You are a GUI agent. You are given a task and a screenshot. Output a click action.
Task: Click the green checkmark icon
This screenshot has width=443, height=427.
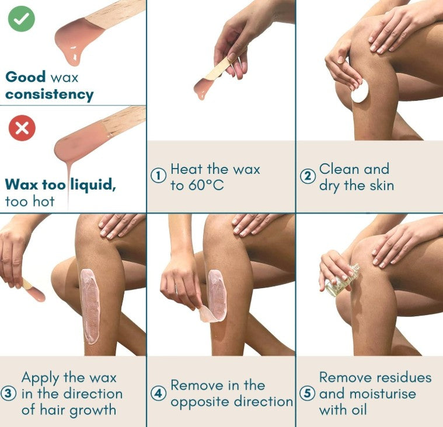tap(22, 19)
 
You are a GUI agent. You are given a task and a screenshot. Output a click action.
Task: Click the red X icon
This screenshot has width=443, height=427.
tap(22, 128)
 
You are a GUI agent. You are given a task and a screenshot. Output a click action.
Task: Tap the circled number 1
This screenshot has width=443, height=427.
tap(158, 176)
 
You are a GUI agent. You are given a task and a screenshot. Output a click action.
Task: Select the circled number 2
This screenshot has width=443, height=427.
tap(308, 176)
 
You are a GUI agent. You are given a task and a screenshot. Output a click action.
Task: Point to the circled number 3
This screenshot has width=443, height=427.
tap(8, 394)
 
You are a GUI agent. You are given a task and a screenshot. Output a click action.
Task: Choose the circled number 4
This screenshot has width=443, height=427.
tap(158, 393)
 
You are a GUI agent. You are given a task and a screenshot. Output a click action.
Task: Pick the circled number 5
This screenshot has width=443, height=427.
tap(308, 393)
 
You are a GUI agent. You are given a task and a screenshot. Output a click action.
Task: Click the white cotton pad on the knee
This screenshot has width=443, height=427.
tap(360, 91)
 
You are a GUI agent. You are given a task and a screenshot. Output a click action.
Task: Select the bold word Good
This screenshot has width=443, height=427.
tap(26, 77)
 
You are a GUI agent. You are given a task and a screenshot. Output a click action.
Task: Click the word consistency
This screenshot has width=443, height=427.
tap(50, 94)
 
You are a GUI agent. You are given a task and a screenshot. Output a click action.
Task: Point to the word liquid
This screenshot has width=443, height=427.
tap(93, 185)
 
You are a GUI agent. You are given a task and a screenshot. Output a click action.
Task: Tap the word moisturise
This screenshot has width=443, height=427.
tap(383, 394)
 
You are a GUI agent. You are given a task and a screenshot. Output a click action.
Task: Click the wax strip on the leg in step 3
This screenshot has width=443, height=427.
tap(90, 306)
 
